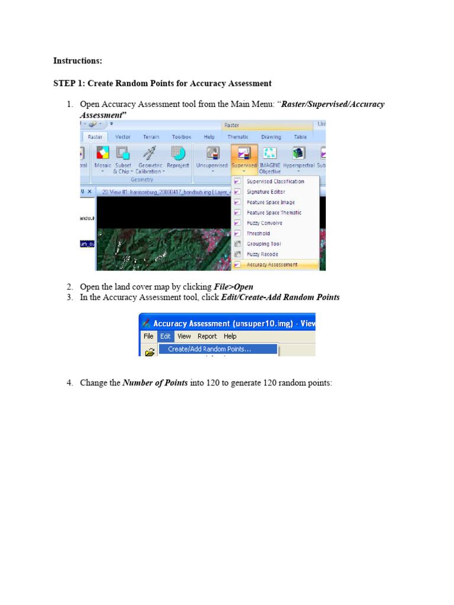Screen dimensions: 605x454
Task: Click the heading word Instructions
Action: click(x=77, y=61)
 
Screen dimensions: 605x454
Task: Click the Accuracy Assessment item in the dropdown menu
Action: click(x=272, y=265)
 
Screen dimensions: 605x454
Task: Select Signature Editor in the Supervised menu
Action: click(x=265, y=192)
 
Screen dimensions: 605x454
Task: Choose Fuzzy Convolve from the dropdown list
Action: click(x=264, y=223)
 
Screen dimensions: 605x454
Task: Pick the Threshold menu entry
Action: click(x=258, y=233)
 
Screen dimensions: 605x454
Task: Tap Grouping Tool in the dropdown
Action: click(x=264, y=244)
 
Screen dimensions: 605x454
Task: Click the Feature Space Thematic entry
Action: click(x=274, y=213)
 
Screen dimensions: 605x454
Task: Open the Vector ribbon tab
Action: click(x=123, y=136)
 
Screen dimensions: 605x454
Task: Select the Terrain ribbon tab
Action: click(x=151, y=136)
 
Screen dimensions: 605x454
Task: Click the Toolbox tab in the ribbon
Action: click(x=181, y=136)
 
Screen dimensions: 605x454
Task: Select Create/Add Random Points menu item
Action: click(x=209, y=349)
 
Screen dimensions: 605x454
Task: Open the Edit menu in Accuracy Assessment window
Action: click(x=165, y=336)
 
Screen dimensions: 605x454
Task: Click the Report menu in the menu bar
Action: click(x=207, y=336)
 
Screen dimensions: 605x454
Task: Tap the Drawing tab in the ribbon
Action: click(x=271, y=136)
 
